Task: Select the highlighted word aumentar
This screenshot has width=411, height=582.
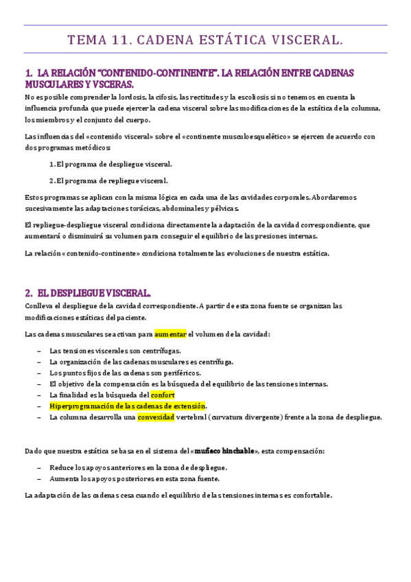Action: [x=170, y=334]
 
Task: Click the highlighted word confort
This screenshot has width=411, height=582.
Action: [x=163, y=395]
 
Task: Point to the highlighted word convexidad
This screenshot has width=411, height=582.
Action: [x=156, y=417]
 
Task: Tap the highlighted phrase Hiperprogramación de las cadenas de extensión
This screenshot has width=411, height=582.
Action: [x=128, y=406]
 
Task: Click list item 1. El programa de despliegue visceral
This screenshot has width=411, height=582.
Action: [x=110, y=164]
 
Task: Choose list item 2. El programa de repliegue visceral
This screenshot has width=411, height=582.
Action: [x=108, y=181]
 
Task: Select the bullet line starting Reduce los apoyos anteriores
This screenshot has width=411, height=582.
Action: [x=138, y=467]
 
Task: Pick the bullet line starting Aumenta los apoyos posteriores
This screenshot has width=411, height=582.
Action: [x=134, y=478]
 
